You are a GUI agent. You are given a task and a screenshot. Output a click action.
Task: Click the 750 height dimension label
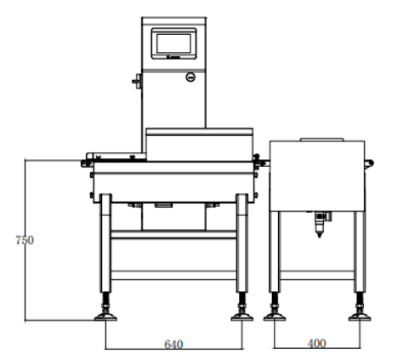click(x=25, y=240)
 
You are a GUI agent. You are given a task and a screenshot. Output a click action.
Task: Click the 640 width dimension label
click(x=173, y=345)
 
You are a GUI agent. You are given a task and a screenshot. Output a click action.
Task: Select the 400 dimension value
click(x=316, y=344)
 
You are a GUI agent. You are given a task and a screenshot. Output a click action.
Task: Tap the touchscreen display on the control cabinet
click(x=173, y=43)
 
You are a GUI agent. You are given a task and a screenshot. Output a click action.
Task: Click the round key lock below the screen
click(x=190, y=77)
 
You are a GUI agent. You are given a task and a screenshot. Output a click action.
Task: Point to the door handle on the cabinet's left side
click(x=137, y=81)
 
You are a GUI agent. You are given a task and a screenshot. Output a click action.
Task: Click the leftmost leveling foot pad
click(x=105, y=317)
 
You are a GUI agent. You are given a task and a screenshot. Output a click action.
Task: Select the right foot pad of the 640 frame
click(x=242, y=317)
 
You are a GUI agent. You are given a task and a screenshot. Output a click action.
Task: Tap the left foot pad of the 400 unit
click(x=275, y=317)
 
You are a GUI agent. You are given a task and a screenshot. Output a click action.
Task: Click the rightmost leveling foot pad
click(x=360, y=317)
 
